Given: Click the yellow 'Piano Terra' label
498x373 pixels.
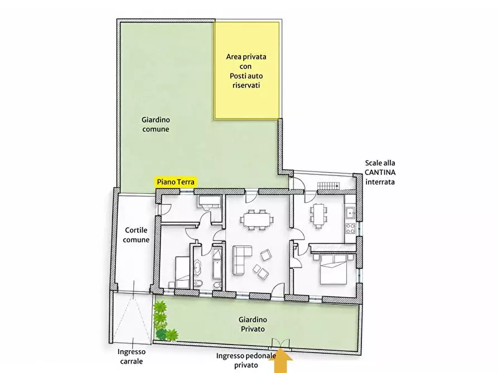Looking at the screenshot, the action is (x=176, y=181).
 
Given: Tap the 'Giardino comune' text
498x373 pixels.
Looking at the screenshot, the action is (x=156, y=124).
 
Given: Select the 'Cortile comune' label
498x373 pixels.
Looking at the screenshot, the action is (x=136, y=235).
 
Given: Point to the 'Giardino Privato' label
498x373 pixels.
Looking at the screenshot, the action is (x=253, y=324).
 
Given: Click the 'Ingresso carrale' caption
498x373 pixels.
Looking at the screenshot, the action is (x=132, y=356).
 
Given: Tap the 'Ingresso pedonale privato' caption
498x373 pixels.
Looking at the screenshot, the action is (x=246, y=360).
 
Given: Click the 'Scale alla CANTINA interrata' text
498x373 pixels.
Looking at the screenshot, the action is (x=380, y=172).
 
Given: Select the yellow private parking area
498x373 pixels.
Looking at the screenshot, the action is (x=246, y=70).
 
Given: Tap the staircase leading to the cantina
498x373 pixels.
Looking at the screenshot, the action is (x=328, y=186).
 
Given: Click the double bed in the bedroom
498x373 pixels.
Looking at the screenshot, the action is (x=333, y=269).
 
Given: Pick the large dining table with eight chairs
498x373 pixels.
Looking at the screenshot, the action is (x=257, y=219).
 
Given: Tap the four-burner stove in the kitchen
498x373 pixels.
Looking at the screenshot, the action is (x=350, y=228).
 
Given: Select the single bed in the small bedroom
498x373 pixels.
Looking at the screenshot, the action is (x=182, y=272).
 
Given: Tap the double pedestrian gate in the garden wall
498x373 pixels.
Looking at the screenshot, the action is (x=281, y=344).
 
